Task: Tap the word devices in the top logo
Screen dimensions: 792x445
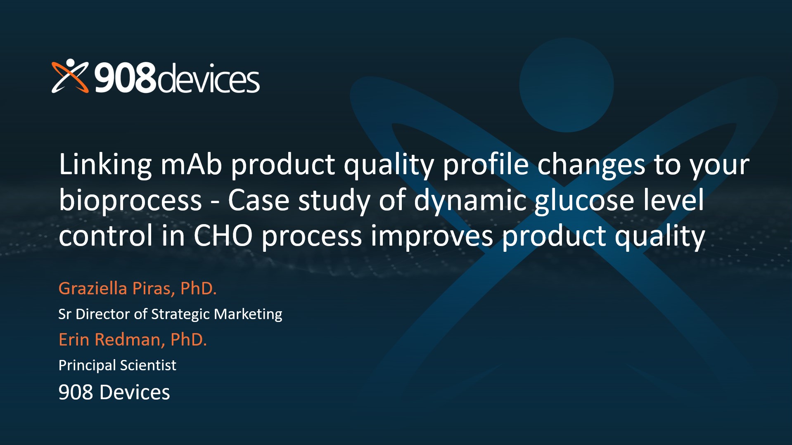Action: [209, 78]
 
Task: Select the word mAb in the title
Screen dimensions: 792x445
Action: [191, 164]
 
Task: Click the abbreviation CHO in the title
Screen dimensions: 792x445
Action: [223, 236]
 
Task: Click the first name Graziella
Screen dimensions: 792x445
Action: [93, 288]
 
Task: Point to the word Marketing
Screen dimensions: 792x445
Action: [248, 315]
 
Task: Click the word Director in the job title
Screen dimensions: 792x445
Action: [103, 314]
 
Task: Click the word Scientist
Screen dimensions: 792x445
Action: [148, 365]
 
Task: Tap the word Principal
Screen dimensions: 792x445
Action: [88, 366]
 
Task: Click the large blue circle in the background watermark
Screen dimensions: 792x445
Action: [567, 85]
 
